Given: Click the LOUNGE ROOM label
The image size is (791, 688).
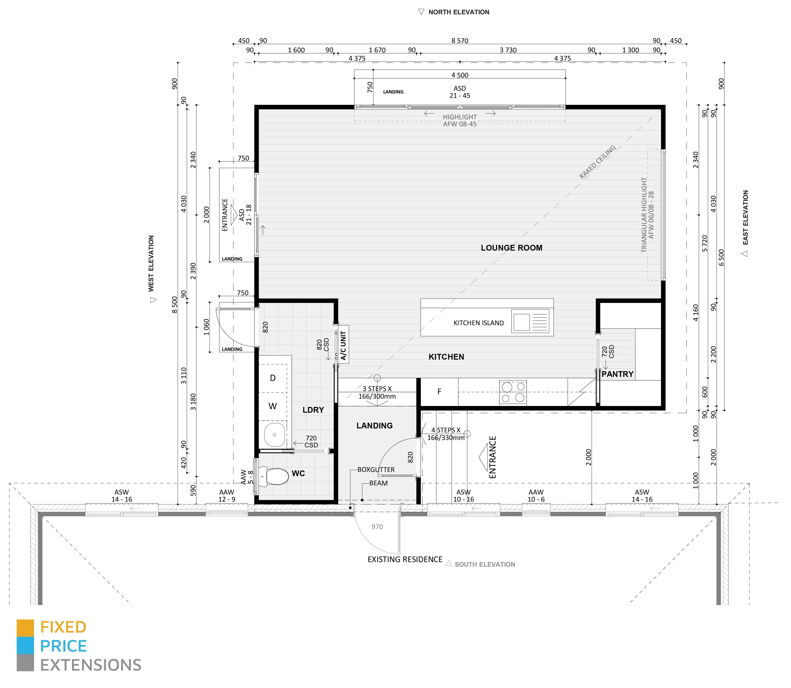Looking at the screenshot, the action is point(512,248).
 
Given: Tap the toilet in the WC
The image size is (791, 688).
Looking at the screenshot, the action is point(274,476).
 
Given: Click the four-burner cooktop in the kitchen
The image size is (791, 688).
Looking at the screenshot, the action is point(513,392).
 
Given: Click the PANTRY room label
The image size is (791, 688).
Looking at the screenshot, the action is point(617,374).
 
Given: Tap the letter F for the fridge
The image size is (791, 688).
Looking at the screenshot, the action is point(440,392).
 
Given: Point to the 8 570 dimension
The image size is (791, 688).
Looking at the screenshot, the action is point(460,41).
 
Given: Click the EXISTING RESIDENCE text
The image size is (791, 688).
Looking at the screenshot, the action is point(405,559).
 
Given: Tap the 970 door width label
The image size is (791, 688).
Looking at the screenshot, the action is point(377,527).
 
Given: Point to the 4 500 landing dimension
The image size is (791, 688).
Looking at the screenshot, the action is point(460,75).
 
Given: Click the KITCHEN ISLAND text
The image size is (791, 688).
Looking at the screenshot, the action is point(478,323).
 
